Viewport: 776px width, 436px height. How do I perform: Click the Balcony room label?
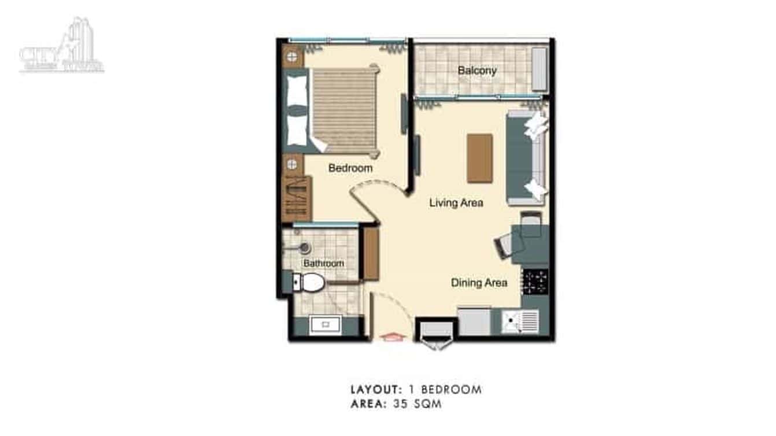coord(477,71)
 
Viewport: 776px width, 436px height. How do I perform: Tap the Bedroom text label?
coord(350,168)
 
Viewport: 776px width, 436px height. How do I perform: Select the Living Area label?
coord(456,203)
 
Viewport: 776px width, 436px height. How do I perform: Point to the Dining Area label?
coord(479,283)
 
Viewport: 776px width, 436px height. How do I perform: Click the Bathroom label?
coord(324,263)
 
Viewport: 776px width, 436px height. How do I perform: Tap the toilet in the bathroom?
coord(309,283)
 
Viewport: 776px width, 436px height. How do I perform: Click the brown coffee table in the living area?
coord(480,158)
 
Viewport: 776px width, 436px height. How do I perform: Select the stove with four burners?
coord(535,281)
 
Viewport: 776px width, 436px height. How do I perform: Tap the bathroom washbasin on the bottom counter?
coord(325,324)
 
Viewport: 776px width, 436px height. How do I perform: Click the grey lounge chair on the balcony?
coord(539,69)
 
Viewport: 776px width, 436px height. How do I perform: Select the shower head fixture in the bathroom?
coord(303,247)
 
